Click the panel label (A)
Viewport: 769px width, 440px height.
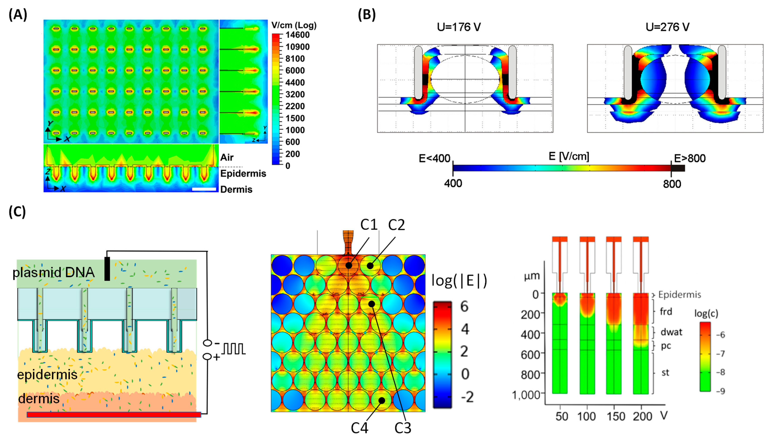tap(18, 14)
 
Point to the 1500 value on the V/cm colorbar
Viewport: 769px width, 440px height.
tap(295, 118)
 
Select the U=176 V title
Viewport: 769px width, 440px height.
tap(458, 27)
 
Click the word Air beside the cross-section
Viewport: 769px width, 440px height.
tap(227, 157)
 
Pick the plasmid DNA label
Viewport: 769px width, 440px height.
tap(53, 273)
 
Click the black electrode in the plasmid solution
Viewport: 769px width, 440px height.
tap(107, 269)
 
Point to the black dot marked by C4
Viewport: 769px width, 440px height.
tap(382, 400)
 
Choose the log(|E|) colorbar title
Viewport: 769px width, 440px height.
tap(459, 281)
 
